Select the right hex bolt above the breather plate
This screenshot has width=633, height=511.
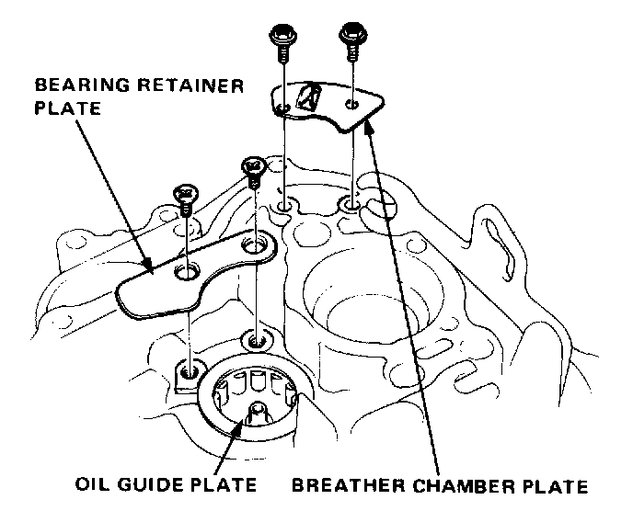[x=351, y=35]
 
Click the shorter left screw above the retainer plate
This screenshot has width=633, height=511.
[x=185, y=196]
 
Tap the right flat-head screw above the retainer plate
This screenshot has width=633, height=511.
[x=252, y=169]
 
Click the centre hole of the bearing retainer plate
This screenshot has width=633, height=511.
[x=188, y=272]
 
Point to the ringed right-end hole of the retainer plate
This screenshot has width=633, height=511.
[x=254, y=245]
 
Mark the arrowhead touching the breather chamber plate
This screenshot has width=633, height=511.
[x=368, y=125]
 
